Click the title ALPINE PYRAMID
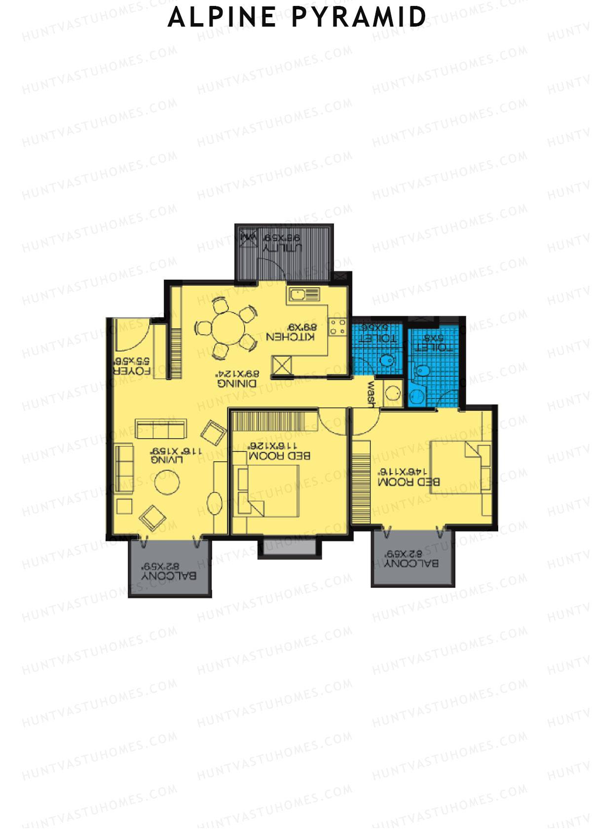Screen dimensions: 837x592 pos(297,17)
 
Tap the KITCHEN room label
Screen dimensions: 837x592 pos(290,337)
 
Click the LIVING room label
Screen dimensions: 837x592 pos(167,460)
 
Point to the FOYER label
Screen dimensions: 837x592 pos(132,371)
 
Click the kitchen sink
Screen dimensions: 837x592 pos(297,295)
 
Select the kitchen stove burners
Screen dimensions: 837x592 pos(338,327)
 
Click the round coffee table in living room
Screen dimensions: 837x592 pos(167,482)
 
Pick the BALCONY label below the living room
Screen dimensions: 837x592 pos(169,576)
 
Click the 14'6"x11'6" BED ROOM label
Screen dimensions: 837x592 pos(408,482)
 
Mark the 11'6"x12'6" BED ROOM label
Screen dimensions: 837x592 pos(280,456)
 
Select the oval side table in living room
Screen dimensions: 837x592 pos(215,503)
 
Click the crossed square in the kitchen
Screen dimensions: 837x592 pos(282,365)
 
